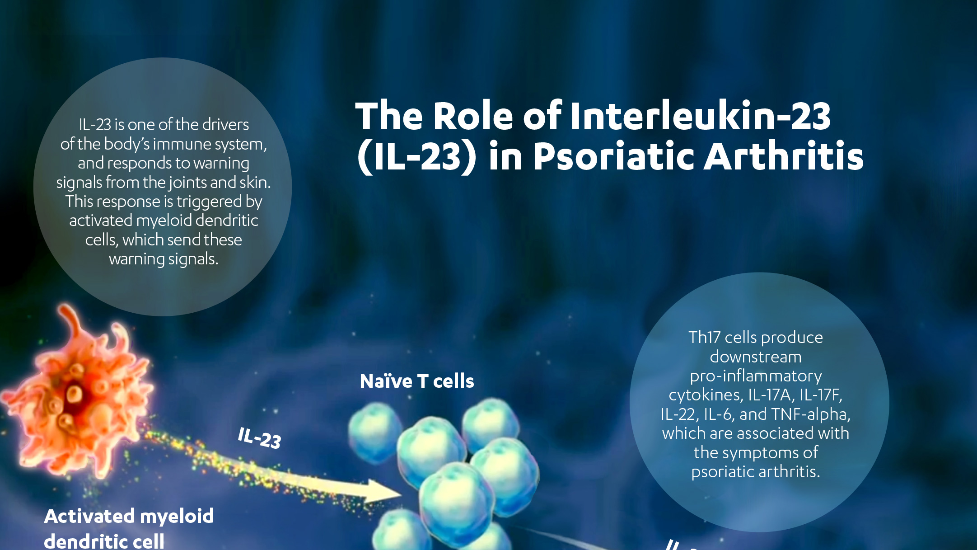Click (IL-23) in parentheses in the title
point(416,157)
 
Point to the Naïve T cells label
point(417,381)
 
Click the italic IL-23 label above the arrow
point(259,438)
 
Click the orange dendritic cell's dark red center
point(75,398)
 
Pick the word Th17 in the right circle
point(704,337)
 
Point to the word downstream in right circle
point(756,357)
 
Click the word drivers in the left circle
point(225,124)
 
